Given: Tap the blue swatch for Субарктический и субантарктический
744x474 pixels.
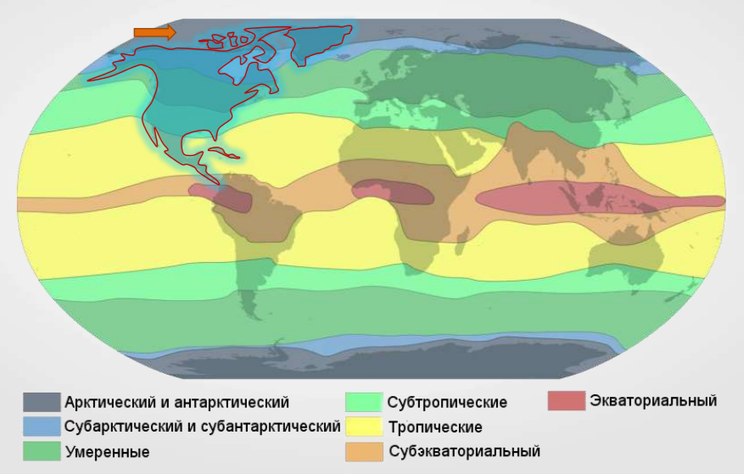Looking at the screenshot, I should [42, 426].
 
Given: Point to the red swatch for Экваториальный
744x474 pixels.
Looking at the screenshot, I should [566, 400].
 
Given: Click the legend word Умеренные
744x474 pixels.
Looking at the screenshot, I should [107, 451].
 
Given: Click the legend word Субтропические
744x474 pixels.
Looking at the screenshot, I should [447, 402].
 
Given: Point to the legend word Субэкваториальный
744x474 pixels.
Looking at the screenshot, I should [463, 451].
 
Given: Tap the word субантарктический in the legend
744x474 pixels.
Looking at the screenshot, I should [271, 426].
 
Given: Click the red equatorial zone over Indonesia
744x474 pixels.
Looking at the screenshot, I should [577, 200].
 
